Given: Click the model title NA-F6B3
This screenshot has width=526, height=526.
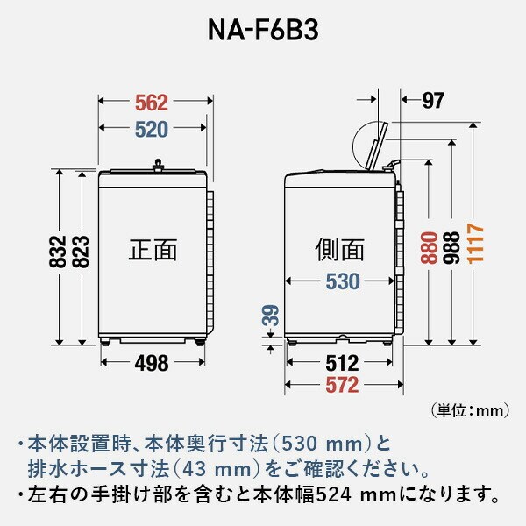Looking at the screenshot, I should click(x=262, y=29).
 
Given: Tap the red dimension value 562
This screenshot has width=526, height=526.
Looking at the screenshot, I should click(x=152, y=102).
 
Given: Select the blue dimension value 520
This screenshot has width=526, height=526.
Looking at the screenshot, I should click(x=152, y=130).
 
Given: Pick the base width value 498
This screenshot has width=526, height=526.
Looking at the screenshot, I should click(x=152, y=363).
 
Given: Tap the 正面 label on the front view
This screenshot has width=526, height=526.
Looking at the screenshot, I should click(x=153, y=251).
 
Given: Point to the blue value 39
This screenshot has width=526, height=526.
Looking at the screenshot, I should click(x=272, y=318).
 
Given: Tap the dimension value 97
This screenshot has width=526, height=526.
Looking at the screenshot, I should click(x=432, y=101).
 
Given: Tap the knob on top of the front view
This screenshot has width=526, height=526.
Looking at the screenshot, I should click(x=158, y=162).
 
